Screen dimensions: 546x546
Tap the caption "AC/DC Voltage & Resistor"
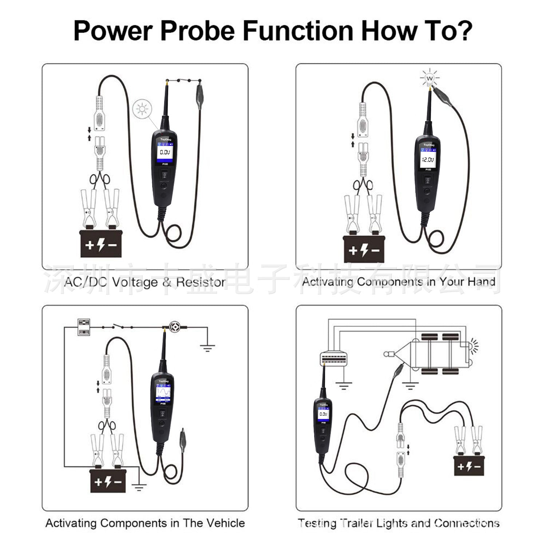(145, 282)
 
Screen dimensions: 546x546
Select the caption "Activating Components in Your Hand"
(399, 282)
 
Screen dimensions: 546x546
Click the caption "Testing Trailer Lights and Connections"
(399, 523)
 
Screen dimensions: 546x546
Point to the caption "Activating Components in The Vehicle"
(145, 523)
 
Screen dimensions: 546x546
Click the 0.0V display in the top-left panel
(165, 152)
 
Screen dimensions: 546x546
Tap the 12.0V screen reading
(428, 159)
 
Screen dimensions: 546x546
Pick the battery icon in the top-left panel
(101, 244)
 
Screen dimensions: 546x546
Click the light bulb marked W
(430, 78)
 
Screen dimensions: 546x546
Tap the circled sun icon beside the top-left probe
(142, 109)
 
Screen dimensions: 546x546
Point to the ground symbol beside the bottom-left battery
(139, 487)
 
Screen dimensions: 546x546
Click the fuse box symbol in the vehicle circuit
(84, 327)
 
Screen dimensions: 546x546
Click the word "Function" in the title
(298, 31)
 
